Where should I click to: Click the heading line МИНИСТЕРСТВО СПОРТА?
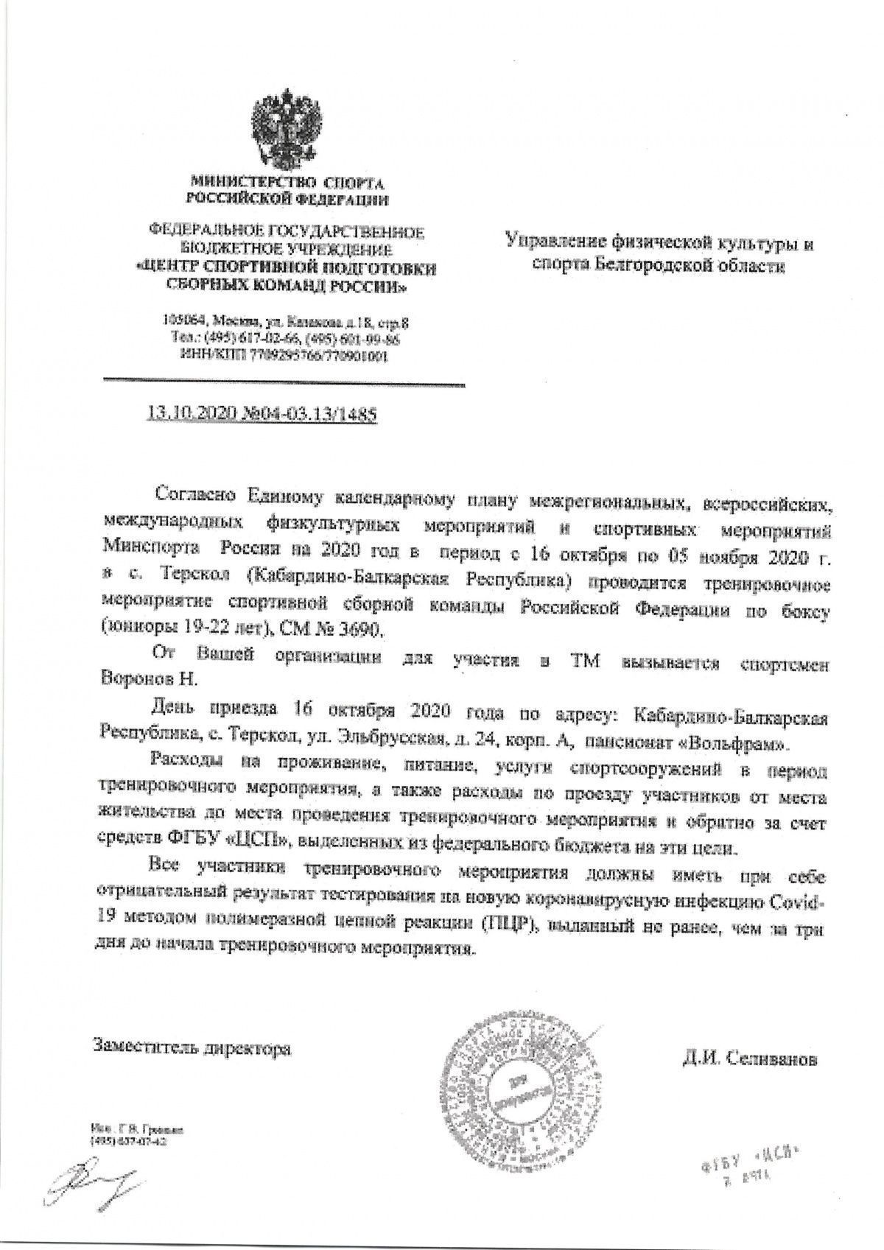click(x=288, y=181)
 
